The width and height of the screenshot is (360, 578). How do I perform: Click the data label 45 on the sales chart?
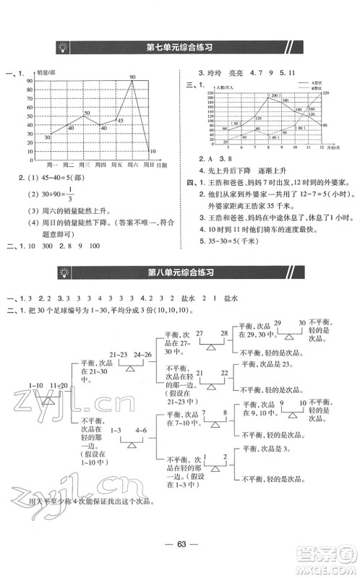[x=119, y=121]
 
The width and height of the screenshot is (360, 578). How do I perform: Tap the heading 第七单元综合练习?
[x=179, y=48]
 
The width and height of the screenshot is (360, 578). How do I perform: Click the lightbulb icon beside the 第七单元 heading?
[x=64, y=48]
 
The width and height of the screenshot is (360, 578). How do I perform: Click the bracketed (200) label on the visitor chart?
[x=275, y=95]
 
